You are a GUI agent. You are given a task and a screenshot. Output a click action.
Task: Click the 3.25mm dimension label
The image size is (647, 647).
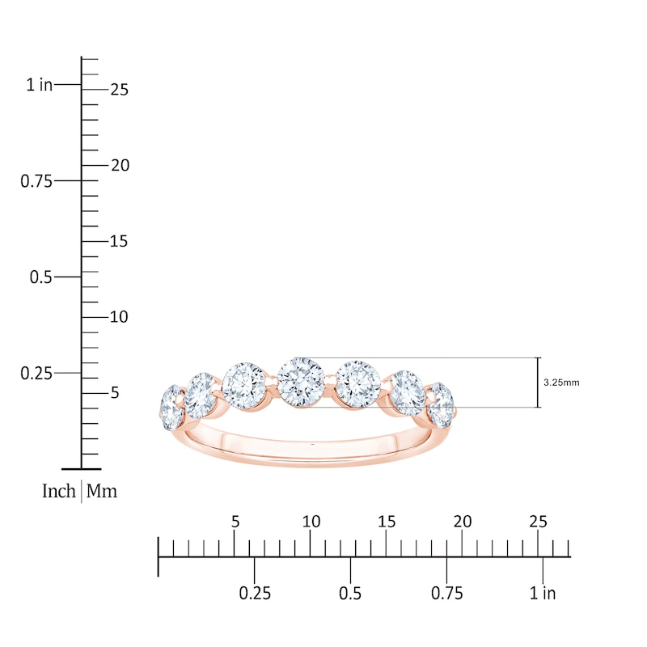(561, 383)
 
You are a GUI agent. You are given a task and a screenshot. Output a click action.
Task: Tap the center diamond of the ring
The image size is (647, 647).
(300, 381)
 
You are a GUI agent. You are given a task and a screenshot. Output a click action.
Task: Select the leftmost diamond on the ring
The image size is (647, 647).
(171, 408)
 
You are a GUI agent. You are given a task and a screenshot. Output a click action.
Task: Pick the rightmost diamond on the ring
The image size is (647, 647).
(441, 402)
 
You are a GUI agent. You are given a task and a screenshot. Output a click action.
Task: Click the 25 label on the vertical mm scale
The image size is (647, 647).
(119, 90)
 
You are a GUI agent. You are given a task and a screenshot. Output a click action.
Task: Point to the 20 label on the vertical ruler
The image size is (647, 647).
(120, 166)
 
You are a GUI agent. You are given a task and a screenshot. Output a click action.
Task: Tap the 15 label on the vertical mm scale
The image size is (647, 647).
(119, 241)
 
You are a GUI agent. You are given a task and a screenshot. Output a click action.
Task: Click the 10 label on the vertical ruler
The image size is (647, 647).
(119, 317)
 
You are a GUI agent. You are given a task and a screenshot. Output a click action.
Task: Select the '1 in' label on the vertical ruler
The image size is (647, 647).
(40, 85)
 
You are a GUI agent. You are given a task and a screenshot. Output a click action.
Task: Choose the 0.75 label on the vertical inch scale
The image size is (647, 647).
(36, 181)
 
